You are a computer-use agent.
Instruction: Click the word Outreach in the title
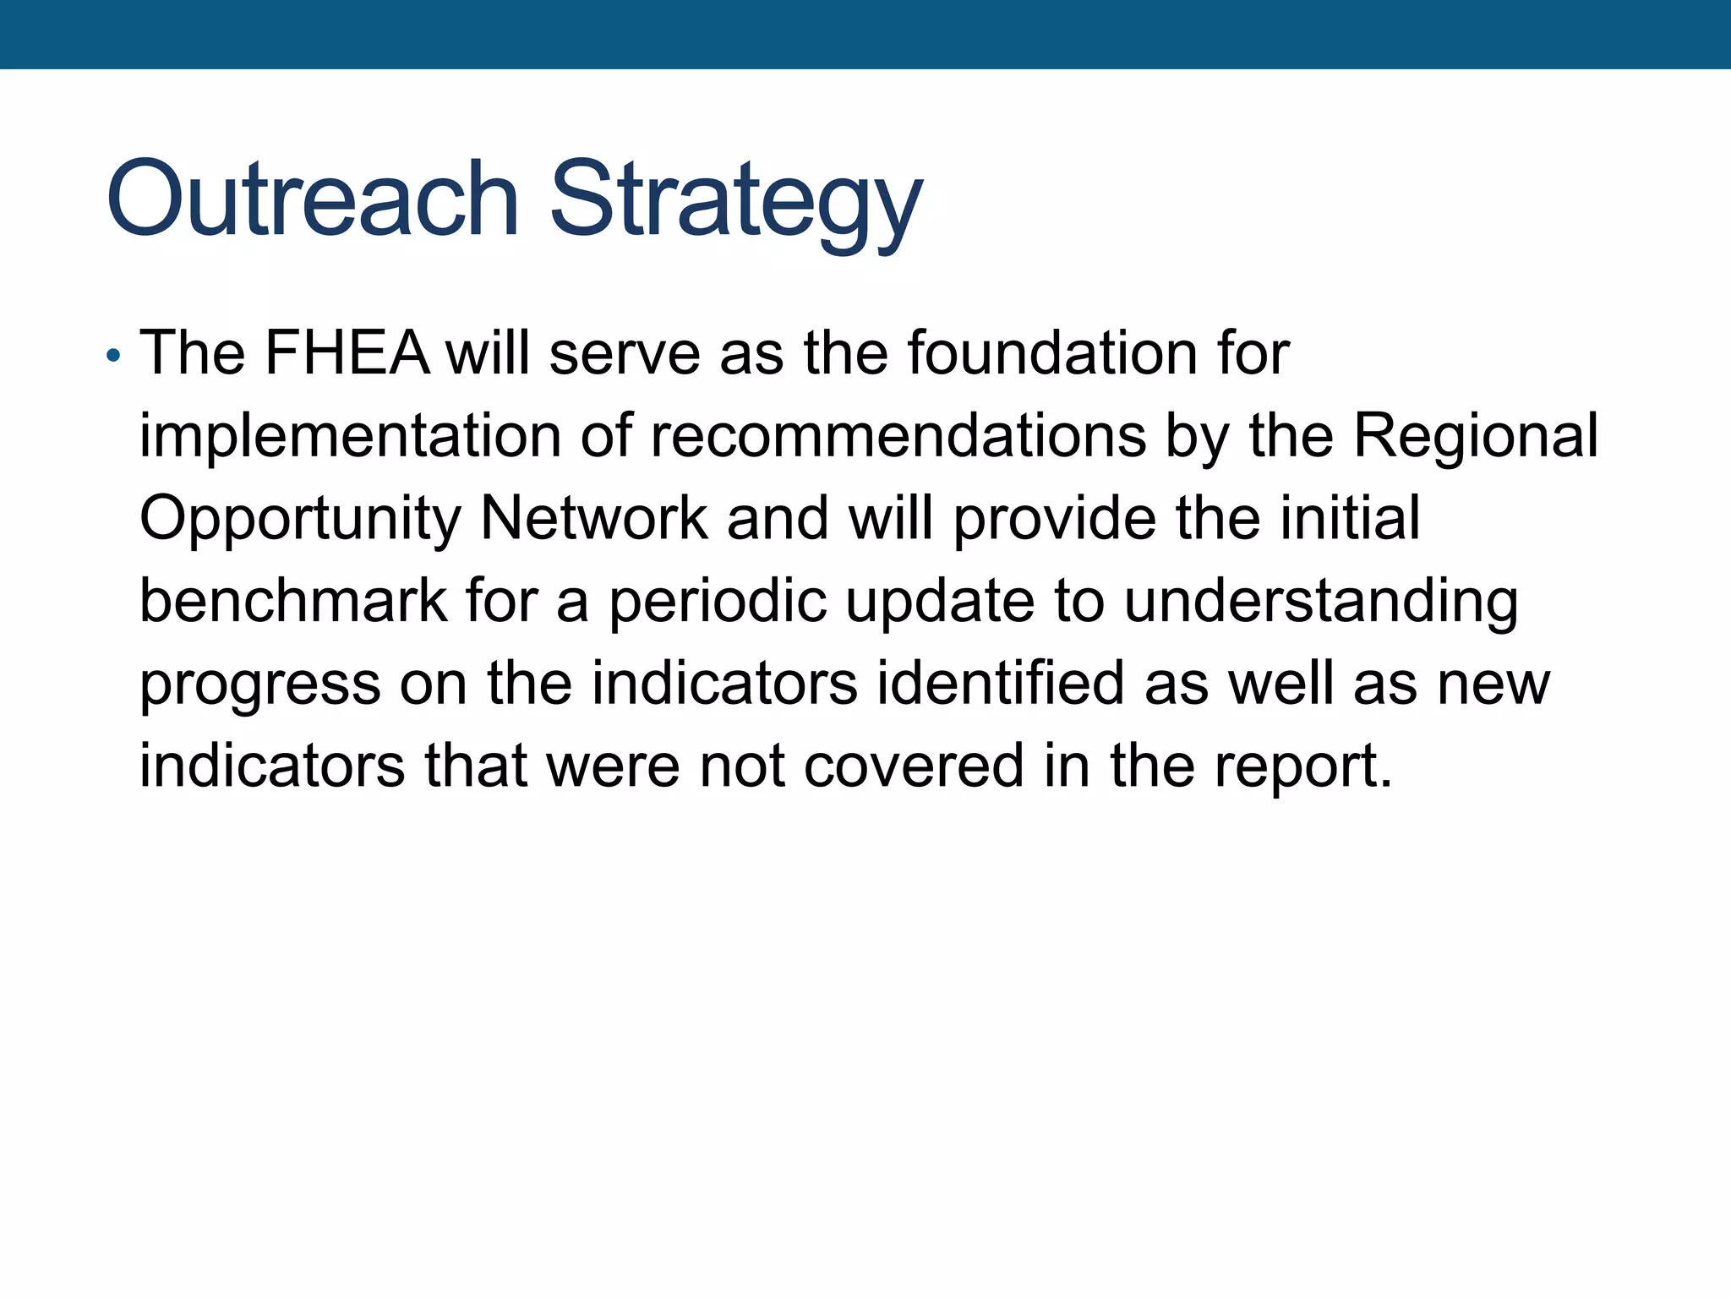pyautogui.click(x=312, y=199)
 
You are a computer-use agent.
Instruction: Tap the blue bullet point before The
pyautogui.click(x=113, y=355)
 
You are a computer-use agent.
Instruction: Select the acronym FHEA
pyautogui.click(x=347, y=352)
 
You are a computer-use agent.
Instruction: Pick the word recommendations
pyautogui.click(x=898, y=436)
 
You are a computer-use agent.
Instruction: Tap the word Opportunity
pyautogui.click(x=300, y=519)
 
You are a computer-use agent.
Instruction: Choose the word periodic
pyautogui.click(x=718, y=602)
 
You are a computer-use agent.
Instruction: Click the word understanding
pyautogui.click(x=1320, y=602)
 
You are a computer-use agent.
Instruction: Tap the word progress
pyautogui.click(x=259, y=684)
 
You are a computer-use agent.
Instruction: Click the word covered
pyautogui.click(x=914, y=766)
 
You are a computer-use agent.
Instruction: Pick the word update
pyautogui.click(x=940, y=602)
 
